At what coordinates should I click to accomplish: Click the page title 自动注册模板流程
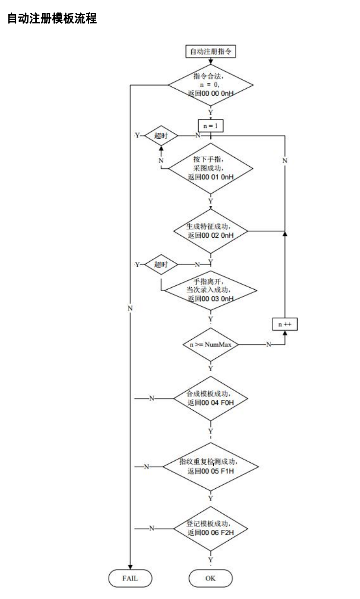52,20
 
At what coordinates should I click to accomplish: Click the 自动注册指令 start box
210,51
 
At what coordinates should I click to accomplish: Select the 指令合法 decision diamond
210,85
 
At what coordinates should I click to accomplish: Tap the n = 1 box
210,125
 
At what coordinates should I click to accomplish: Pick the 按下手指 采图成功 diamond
210,168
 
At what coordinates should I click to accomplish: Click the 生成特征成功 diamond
210,230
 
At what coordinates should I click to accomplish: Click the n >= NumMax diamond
210,345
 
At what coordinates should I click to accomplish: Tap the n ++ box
285,324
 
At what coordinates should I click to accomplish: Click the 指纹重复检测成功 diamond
210,466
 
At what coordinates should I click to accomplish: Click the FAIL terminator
130,578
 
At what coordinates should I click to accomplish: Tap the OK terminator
210,578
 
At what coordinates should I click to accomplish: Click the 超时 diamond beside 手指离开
161,264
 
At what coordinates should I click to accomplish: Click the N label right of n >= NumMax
268,345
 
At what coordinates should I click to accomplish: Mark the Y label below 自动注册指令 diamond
210,112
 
